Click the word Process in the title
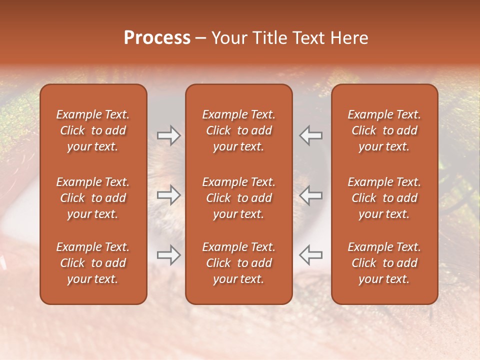click(x=157, y=38)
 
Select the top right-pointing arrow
click(x=169, y=135)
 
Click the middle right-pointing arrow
click(x=169, y=195)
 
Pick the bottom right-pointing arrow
click(x=169, y=255)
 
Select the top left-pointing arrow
click(x=311, y=135)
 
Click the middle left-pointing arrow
click(x=311, y=195)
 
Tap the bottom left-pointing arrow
click(x=311, y=255)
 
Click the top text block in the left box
click(x=93, y=130)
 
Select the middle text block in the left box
click(x=93, y=198)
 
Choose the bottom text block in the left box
click(x=93, y=263)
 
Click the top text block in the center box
click(x=238, y=130)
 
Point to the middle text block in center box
click(x=238, y=198)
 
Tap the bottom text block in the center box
click(x=238, y=263)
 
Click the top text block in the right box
click(x=384, y=130)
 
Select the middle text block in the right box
click(x=384, y=198)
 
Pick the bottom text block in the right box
click(x=384, y=263)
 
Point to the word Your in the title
click(x=228, y=38)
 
